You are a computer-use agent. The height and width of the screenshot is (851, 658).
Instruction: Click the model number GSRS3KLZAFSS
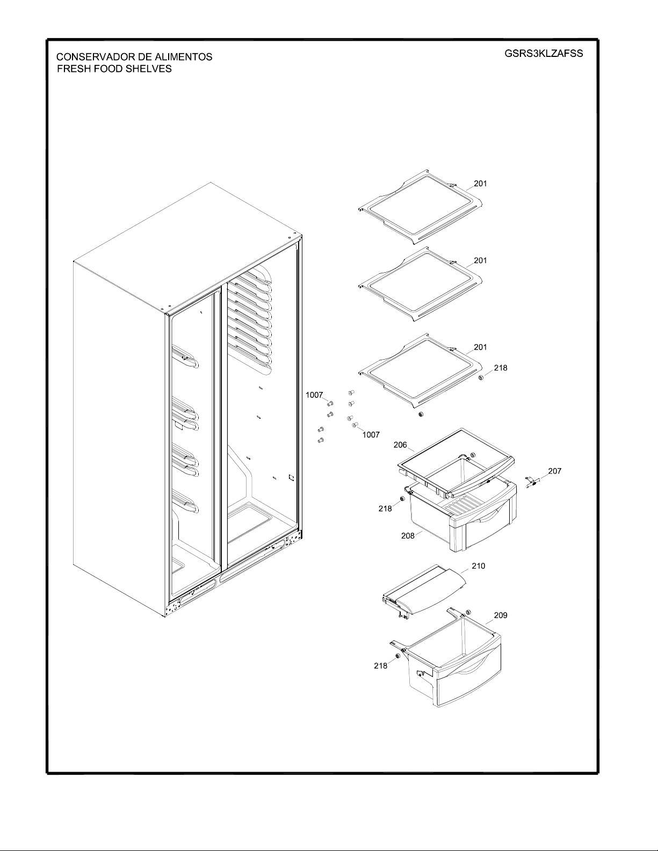544,54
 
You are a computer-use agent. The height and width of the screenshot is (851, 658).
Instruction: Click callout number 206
400,445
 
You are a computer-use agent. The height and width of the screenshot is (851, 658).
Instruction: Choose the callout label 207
554,471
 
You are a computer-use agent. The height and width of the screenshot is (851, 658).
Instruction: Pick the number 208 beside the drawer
408,535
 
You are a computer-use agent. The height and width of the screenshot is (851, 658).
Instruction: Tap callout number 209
501,615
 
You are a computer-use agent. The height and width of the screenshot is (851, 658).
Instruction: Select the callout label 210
478,566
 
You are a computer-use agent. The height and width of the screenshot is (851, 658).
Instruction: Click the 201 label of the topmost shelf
481,183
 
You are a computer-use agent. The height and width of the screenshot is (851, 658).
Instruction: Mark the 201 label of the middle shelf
481,260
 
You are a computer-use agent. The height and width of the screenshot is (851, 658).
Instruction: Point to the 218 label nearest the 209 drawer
380,666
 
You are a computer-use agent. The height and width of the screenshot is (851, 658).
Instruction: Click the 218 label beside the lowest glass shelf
501,368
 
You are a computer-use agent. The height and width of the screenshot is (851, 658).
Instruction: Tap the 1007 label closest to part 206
371,435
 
